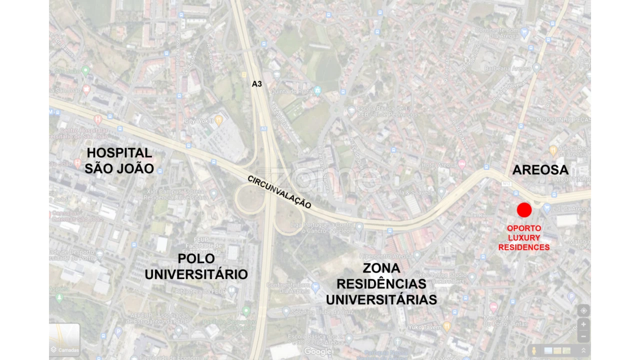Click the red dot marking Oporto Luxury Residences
[x=524, y=210]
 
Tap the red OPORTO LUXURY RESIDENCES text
[x=524, y=237]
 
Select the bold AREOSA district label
[x=540, y=170]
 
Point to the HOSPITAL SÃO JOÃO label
[x=119, y=160]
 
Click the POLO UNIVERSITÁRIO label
[x=196, y=266]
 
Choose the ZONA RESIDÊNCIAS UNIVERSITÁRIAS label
[x=381, y=283]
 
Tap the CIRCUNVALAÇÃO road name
[x=279, y=192]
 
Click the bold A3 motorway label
[x=256, y=84]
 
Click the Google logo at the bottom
[x=318, y=352]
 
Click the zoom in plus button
[x=583, y=324]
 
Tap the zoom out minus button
[x=583, y=336]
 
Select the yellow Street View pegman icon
[x=534, y=350]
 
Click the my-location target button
[x=583, y=310]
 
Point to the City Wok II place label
[x=199, y=121]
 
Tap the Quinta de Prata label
[x=291, y=91]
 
